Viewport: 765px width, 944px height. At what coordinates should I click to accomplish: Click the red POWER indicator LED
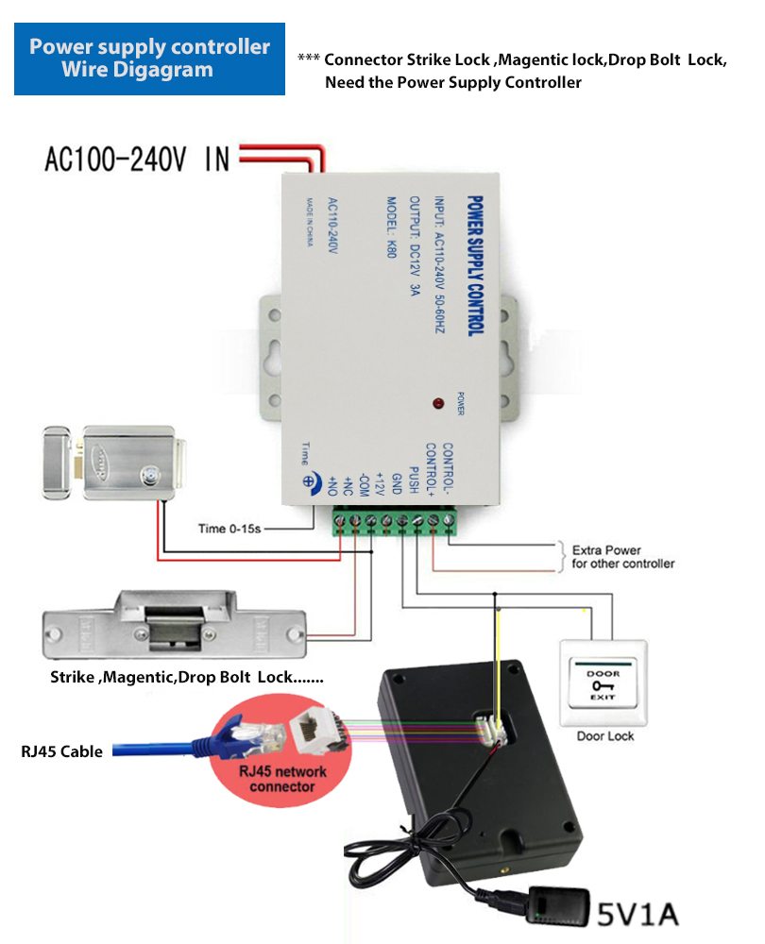pos(438,404)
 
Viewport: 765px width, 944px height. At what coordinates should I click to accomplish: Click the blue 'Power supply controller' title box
pos(149,59)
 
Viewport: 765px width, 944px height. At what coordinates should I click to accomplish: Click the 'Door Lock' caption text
pos(604,735)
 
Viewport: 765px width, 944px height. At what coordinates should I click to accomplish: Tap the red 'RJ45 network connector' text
pos(282,779)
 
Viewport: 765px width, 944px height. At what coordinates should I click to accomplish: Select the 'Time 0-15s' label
pos(229,529)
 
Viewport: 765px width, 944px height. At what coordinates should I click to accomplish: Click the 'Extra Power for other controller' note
pos(623,556)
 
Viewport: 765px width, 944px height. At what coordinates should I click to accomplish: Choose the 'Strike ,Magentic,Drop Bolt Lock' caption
pos(187,678)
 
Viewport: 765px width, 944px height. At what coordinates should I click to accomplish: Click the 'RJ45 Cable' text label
pos(61,752)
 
